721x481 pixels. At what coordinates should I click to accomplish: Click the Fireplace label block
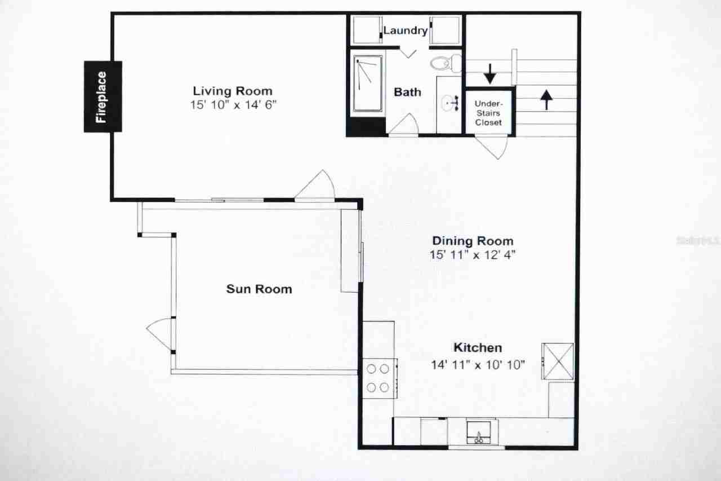click(x=103, y=96)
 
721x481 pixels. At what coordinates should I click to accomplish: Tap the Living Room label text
click(x=232, y=91)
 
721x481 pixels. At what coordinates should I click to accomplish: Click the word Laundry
click(x=405, y=30)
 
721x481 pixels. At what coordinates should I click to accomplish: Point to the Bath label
click(x=407, y=92)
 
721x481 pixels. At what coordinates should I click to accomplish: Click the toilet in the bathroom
click(x=445, y=62)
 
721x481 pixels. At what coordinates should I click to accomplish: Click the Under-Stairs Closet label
click(x=488, y=113)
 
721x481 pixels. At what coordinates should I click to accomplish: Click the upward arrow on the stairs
click(x=546, y=99)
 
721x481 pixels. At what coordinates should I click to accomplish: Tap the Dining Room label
click(x=472, y=241)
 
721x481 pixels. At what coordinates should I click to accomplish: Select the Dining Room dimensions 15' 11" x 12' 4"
click(x=472, y=254)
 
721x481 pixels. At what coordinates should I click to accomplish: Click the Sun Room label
click(x=259, y=289)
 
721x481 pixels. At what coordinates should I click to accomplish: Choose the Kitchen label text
click(x=478, y=348)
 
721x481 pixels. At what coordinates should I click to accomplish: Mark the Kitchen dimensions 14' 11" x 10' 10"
click(x=478, y=365)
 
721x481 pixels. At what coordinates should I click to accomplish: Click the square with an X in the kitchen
click(x=558, y=361)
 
